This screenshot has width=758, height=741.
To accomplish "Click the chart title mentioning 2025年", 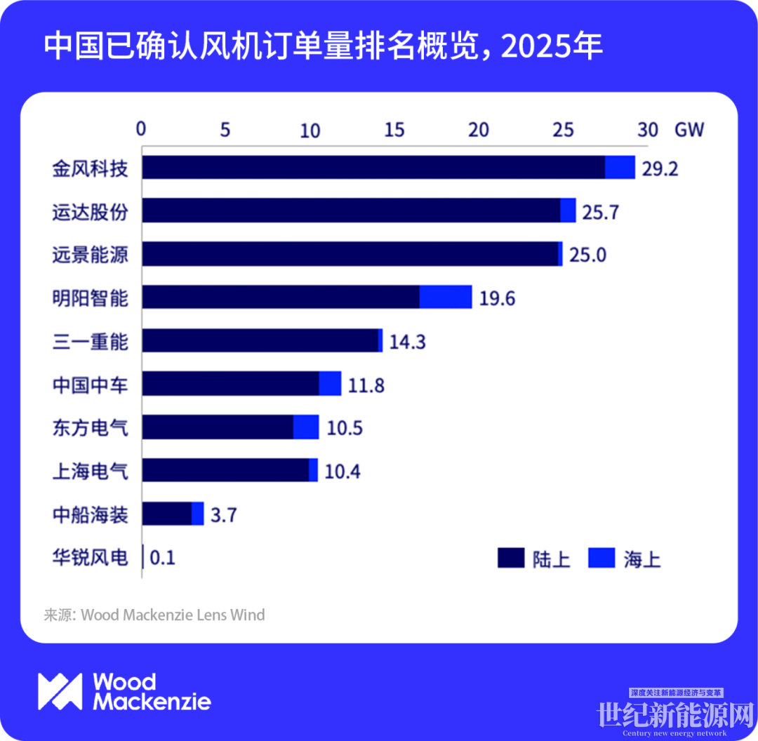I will point(323,47).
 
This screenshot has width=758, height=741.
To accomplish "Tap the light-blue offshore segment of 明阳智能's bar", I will point(446,297).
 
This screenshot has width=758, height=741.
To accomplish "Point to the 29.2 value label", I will point(660,169).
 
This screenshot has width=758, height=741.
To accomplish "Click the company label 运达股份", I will point(91,211).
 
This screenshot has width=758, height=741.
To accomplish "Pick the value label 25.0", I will point(587,255).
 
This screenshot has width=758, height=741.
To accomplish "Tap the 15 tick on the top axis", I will point(394,130).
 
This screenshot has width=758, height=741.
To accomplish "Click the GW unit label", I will point(689,130).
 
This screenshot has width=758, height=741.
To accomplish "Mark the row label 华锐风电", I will point(91,558).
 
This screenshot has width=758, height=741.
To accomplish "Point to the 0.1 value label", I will point(163,559).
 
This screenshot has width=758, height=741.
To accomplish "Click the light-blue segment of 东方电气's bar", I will point(306,427).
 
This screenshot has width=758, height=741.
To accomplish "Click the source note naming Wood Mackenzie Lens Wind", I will point(154,615).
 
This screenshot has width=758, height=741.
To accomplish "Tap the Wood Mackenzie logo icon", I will point(60,690).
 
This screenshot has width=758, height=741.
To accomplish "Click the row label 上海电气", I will point(91,471).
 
